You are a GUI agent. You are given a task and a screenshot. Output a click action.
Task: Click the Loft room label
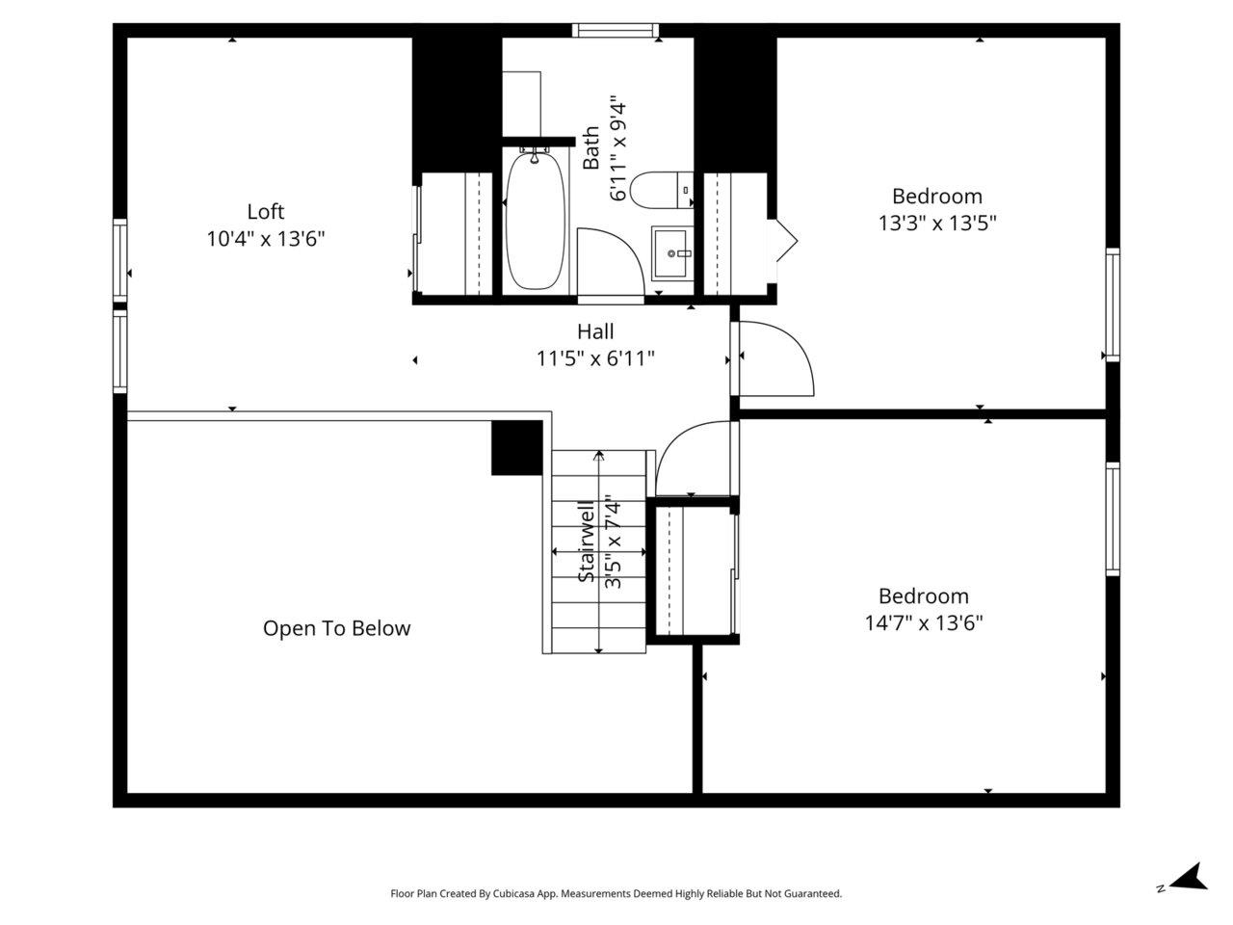pyautogui.click(x=266, y=212)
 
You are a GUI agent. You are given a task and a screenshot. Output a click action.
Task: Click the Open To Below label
pyautogui.click(x=336, y=628)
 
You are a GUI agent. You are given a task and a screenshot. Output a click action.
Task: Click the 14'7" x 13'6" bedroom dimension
pyautogui.click(x=923, y=623)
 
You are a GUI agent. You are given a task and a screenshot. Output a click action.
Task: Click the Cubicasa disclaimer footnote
pyautogui.click(x=616, y=894)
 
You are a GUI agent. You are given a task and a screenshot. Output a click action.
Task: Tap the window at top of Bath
pyautogui.click(x=616, y=31)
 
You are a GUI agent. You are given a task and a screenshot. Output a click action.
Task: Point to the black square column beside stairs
pyautogui.click(x=517, y=448)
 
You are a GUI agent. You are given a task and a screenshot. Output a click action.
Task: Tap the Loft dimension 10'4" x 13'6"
pyautogui.click(x=266, y=239)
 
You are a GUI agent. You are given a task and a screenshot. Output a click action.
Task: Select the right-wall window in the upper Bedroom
pyautogui.click(x=1113, y=304)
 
